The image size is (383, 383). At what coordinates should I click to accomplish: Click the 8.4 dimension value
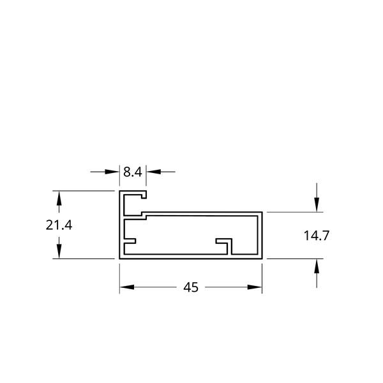[x=132, y=172]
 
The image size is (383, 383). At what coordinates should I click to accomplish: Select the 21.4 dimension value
[x=59, y=225]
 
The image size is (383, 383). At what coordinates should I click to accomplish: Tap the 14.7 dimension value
[x=317, y=236]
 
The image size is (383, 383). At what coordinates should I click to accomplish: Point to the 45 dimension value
[x=191, y=287]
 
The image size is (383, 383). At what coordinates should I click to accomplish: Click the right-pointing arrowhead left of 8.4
[x=112, y=172]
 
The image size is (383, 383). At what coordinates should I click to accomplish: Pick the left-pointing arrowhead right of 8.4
[x=154, y=172]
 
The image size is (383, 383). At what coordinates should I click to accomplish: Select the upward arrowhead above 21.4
[x=59, y=198]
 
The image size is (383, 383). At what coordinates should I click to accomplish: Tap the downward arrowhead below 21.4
[x=59, y=252]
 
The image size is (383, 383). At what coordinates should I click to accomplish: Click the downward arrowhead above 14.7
[x=317, y=205]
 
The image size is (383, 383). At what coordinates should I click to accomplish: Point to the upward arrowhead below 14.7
[x=317, y=266]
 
